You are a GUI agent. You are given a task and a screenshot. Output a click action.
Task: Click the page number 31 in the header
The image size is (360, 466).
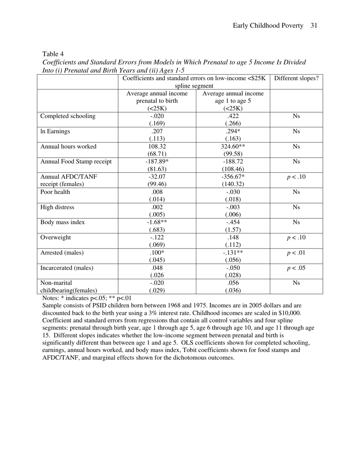tap(313, 26)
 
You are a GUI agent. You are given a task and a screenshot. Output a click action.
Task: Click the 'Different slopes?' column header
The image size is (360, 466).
tap(296, 78)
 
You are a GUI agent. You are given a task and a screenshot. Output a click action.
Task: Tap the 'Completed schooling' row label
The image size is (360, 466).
tap(68, 116)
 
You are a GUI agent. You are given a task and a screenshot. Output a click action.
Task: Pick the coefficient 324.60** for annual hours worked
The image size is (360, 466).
tap(233, 147)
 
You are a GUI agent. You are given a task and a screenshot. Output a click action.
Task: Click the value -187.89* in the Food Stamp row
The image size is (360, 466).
tap(157, 162)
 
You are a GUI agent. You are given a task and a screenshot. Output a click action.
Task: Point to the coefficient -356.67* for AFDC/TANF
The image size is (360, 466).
tap(233, 177)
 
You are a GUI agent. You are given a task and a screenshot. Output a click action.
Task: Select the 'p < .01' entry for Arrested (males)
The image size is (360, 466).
tap(296, 253)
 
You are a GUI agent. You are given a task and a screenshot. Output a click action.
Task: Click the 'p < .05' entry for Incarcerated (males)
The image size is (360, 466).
tap(296, 268)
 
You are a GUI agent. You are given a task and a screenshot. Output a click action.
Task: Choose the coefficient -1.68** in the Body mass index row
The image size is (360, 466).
tap(157, 222)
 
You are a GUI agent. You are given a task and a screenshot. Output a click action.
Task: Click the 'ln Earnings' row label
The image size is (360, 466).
tap(55, 131)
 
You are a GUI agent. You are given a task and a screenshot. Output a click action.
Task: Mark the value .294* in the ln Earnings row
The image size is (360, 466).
tap(233, 131)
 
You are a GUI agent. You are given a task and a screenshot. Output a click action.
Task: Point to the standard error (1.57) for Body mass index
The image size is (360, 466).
tap(233, 230)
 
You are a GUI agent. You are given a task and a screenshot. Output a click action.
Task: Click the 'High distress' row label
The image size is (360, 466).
tap(57, 207)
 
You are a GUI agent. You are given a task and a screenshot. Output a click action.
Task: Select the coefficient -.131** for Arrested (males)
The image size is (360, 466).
tap(233, 253)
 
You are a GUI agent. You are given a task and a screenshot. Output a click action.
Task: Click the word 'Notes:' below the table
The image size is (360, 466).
tap(51, 298)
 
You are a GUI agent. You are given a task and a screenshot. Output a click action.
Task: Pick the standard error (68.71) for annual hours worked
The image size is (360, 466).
tap(157, 154)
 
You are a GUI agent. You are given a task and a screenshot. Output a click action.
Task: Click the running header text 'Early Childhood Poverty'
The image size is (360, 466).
tap(268, 26)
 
